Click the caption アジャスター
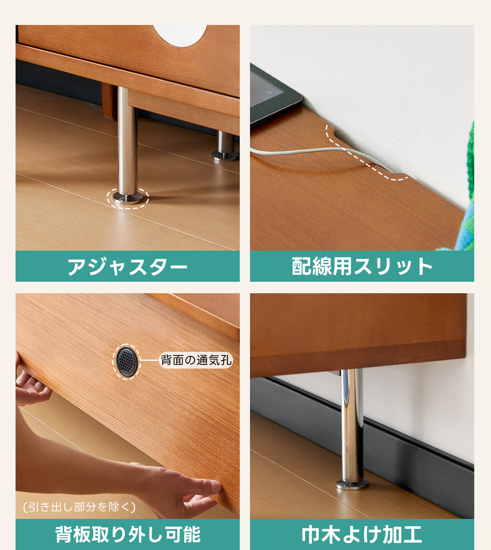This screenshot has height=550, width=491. [x=127, y=266]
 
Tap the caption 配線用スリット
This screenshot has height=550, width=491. [x=362, y=266]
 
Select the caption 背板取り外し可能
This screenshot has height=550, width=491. [x=128, y=534]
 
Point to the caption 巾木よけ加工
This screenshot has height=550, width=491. [x=362, y=534]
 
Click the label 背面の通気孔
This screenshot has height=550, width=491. [x=196, y=360]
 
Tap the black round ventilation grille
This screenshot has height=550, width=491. [x=126, y=362]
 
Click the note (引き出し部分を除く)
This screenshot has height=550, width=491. [x=79, y=507]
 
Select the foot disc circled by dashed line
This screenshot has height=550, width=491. [x=128, y=198]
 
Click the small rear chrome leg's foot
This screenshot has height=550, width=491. [x=225, y=156]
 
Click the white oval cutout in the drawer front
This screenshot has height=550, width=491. [x=180, y=35]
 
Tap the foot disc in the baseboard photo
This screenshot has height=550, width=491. [x=353, y=484]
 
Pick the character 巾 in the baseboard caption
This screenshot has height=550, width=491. [x=311, y=534]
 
